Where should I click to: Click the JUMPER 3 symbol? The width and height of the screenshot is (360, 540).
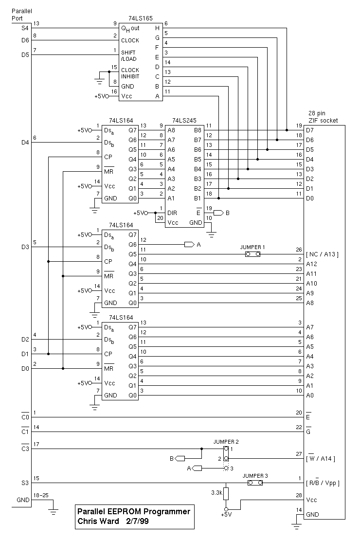click(255, 483)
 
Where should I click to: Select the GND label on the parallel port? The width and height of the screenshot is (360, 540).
click(22, 500)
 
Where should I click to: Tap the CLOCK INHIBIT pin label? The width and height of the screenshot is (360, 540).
click(130, 73)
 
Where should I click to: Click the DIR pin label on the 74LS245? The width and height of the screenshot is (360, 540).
click(171, 213)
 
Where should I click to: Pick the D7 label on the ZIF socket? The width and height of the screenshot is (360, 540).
click(310, 130)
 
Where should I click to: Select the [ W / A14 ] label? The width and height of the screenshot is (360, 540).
click(322, 458)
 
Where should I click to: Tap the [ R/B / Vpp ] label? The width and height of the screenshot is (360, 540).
click(322, 483)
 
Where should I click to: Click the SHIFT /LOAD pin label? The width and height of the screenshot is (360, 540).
click(129, 55)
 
